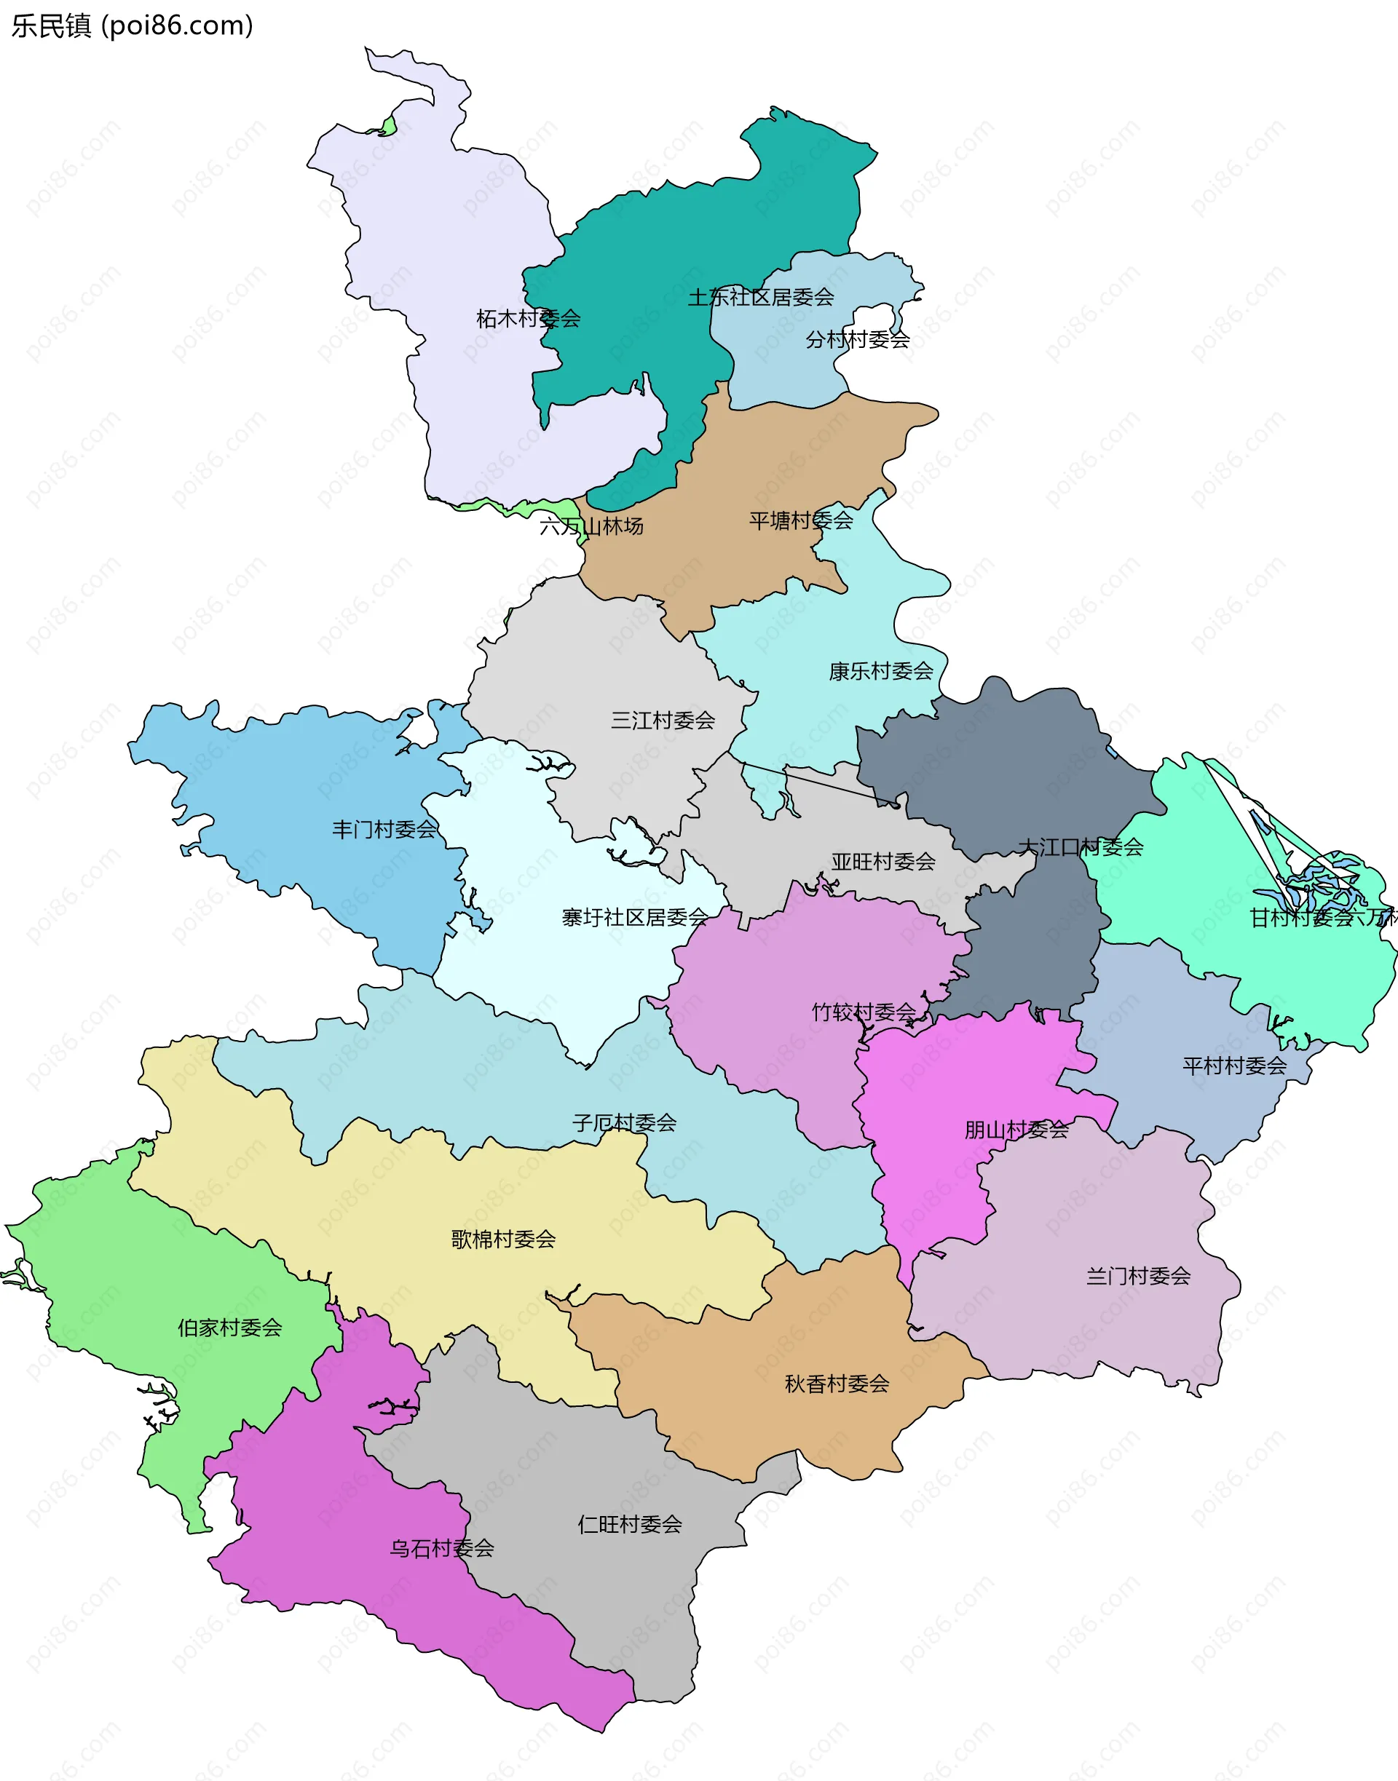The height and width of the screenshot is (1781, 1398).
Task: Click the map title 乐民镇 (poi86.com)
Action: [132, 25]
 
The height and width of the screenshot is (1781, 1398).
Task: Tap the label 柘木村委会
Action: [528, 318]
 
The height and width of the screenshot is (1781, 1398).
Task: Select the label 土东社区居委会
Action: [760, 297]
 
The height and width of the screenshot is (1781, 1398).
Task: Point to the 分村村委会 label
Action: [857, 339]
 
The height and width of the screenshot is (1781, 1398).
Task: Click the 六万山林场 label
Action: [591, 526]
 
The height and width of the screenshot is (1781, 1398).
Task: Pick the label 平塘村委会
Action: [800, 520]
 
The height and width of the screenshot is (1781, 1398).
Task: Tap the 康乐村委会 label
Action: [881, 671]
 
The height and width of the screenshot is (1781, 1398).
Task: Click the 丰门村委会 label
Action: [384, 829]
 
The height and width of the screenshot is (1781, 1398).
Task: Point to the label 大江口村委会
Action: [1080, 846]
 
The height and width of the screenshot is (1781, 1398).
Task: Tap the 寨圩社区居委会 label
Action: [634, 917]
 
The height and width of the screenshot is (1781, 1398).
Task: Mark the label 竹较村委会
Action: [864, 1012]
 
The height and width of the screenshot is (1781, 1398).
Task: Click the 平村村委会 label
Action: [1233, 1065]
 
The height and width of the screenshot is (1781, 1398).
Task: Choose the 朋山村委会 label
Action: [1016, 1130]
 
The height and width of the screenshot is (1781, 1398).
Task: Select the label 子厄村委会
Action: [624, 1122]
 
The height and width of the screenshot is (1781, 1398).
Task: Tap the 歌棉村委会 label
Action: [502, 1239]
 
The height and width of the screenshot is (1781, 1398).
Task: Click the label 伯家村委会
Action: [229, 1327]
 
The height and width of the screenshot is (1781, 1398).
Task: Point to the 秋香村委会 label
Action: [837, 1384]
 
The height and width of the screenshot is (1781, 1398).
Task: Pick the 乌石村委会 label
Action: [441, 1548]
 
